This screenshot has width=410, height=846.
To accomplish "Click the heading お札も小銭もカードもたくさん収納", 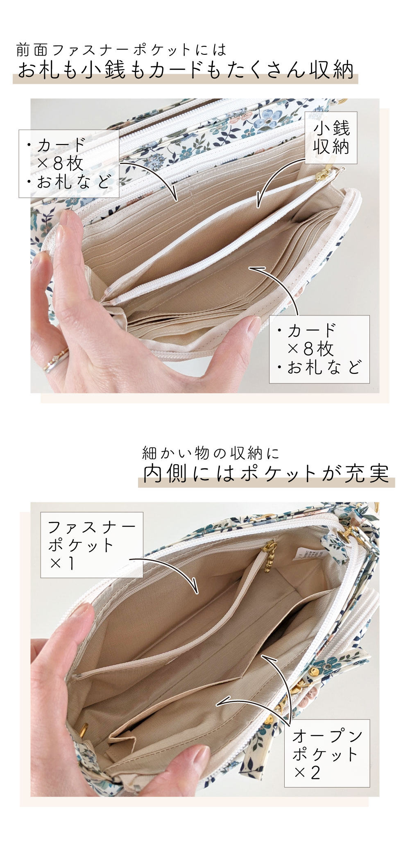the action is click(186, 70).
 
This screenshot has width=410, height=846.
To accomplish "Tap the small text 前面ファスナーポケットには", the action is click(121, 50).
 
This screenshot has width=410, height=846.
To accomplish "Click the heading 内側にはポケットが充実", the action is click(266, 474).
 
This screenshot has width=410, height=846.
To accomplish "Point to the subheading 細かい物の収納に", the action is click(211, 453).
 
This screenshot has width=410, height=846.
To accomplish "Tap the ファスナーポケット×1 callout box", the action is click(91, 544).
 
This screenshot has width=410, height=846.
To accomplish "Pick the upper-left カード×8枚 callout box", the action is click(69, 164).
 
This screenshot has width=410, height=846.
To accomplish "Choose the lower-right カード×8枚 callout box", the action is click(319, 349).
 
